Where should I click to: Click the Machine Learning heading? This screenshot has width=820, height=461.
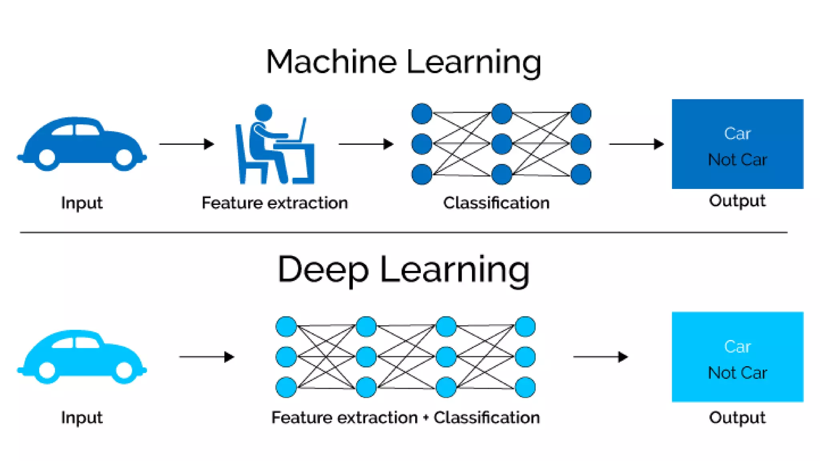pyautogui.click(x=404, y=62)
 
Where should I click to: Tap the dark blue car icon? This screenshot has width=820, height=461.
pyautogui.click(x=82, y=143)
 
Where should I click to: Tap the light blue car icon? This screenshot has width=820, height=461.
pyautogui.click(x=82, y=356)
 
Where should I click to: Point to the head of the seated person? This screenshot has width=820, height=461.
pyautogui.click(x=263, y=112)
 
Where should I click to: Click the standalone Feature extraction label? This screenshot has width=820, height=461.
pyautogui.click(x=275, y=203)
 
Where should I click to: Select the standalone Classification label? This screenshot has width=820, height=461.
pyautogui.click(x=496, y=203)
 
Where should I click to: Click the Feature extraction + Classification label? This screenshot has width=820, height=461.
pyautogui.click(x=405, y=417)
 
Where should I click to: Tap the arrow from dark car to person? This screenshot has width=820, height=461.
pyautogui.click(x=187, y=144)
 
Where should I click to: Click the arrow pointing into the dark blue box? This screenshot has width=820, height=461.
pyautogui.click(x=636, y=144)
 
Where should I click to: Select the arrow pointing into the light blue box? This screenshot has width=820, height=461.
pyautogui.click(x=600, y=357)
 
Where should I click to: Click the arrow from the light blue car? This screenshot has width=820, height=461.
pyautogui.click(x=206, y=357)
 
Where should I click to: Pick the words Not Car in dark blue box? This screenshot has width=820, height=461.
pyautogui.click(x=737, y=160)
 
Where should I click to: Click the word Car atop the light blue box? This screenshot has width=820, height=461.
pyautogui.click(x=737, y=347)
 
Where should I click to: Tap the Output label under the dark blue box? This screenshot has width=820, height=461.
pyautogui.click(x=737, y=200)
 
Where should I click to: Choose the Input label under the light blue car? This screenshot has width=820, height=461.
pyautogui.click(x=82, y=417)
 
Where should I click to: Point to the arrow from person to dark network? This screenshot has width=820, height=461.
pyautogui.click(x=366, y=144)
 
